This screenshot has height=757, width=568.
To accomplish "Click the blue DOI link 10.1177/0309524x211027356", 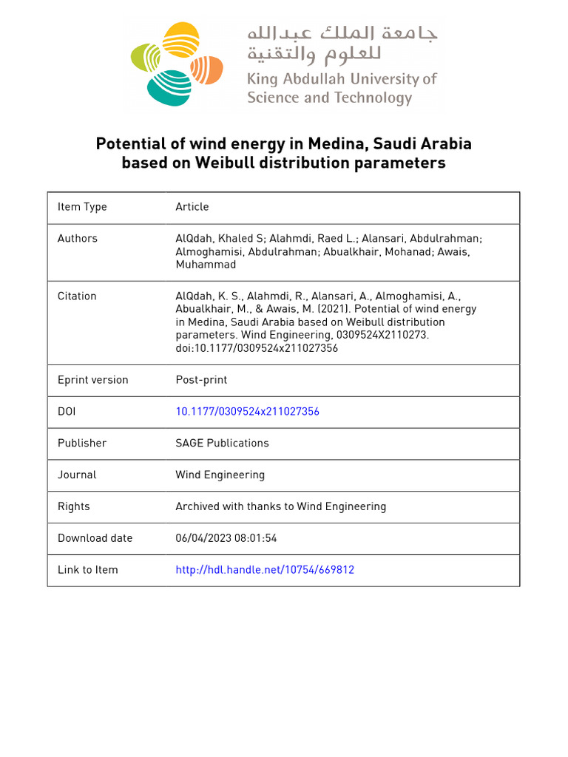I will tap(247, 411).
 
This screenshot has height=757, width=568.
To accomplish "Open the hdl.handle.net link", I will tap(264, 570).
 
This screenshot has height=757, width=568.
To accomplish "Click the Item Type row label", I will tap(82, 207).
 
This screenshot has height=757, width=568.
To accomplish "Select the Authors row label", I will tap(78, 238).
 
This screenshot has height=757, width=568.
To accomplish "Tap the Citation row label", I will tap(77, 296).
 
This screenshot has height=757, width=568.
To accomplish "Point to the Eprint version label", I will tap(93, 380).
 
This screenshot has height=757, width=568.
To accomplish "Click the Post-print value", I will tap(201, 380).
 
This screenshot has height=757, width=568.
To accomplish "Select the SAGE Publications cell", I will tap(222, 443).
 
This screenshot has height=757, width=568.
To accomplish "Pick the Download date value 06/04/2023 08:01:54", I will tap(226, 538).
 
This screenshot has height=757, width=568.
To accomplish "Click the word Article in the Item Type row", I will tap(192, 207).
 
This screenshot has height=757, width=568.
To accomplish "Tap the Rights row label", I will tap(74, 506).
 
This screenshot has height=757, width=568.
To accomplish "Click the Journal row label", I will tap(77, 475).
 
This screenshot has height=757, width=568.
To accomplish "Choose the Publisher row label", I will tap(82, 443).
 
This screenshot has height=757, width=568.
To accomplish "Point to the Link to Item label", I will tap(88, 570).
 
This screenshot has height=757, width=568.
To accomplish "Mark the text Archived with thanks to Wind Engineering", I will tap(280, 506).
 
